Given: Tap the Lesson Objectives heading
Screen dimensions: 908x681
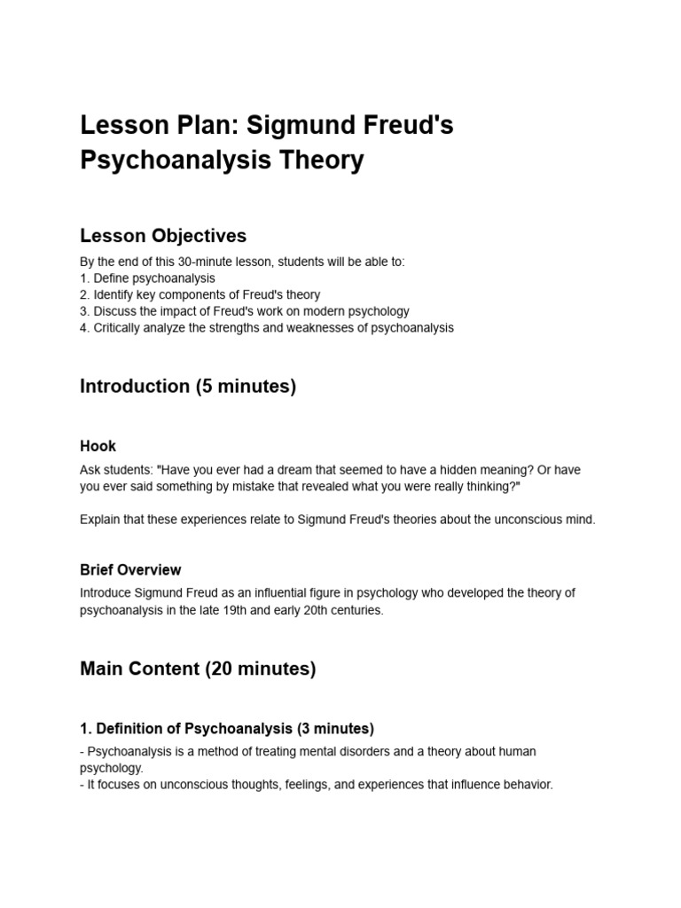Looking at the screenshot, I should coord(163,236).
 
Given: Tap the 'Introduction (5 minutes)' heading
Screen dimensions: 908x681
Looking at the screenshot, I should coord(188,387).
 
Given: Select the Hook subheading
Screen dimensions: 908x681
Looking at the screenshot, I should coord(98,446).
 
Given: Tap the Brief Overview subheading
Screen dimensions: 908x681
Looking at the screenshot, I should coord(130,569).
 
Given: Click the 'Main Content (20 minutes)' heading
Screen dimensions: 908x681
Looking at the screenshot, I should coord(198,669).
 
